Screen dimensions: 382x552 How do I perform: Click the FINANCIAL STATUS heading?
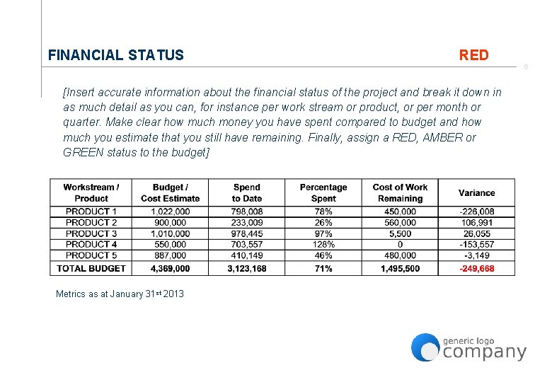(x=115, y=55)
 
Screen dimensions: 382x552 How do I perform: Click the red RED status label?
(x=473, y=55)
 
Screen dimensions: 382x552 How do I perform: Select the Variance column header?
(x=476, y=193)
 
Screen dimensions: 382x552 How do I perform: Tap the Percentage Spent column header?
(x=323, y=193)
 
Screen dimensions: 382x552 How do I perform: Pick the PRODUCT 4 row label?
(x=91, y=244)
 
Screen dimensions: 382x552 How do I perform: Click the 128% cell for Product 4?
(x=323, y=244)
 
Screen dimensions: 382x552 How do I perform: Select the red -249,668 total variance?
(x=476, y=269)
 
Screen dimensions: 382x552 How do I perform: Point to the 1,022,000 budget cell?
(x=171, y=212)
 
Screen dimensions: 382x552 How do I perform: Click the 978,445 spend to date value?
(x=246, y=233)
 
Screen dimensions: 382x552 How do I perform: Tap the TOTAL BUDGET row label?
(x=91, y=269)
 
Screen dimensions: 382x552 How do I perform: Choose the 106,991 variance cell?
(x=476, y=222)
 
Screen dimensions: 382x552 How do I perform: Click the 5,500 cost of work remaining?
(x=400, y=233)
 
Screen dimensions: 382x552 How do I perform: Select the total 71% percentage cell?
(x=323, y=269)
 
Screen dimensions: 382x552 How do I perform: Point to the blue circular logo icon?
(x=425, y=347)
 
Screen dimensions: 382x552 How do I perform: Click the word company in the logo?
(x=485, y=352)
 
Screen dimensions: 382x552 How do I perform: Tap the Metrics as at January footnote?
(x=120, y=294)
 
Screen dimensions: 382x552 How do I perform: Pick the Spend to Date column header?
(x=246, y=193)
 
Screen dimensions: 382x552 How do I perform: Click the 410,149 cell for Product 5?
(x=246, y=255)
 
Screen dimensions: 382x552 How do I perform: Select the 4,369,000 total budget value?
(x=171, y=269)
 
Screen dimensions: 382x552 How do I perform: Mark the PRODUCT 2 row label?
(x=91, y=222)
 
